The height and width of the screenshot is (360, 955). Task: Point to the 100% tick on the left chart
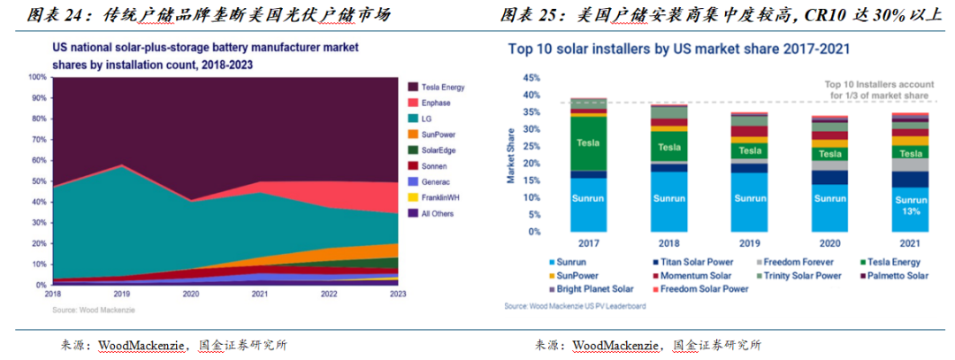pyautogui.click(x=36, y=77)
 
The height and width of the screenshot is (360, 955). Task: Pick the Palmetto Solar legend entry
pyautogui.click(x=897, y=275)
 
